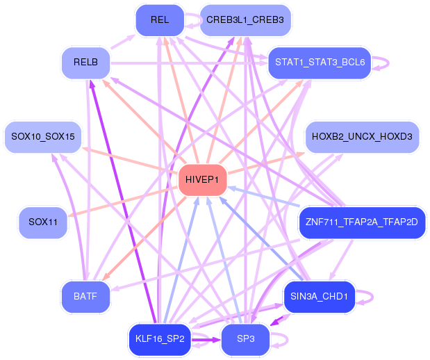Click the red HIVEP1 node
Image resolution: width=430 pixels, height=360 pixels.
[201, 180]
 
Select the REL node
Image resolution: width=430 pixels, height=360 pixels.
[159, 19]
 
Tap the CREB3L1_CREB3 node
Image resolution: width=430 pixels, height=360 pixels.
[245, 19]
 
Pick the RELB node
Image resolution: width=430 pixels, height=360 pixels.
[85, 63]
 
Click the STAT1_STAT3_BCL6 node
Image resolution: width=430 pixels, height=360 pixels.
[320, 63]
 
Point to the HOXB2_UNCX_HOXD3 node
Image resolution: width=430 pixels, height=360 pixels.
[361, 136]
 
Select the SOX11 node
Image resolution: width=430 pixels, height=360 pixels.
[43, 222]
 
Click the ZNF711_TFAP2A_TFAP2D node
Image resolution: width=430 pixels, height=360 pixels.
[361, 222]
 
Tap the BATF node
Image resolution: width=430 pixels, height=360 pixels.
[85, 297]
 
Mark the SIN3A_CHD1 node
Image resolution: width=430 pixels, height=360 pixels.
[320, 297]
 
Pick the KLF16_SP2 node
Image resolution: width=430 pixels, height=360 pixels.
[159, 339]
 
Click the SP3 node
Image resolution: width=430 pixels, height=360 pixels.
[245, 339]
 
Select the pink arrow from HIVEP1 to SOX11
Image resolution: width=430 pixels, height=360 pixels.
[125, 202]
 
